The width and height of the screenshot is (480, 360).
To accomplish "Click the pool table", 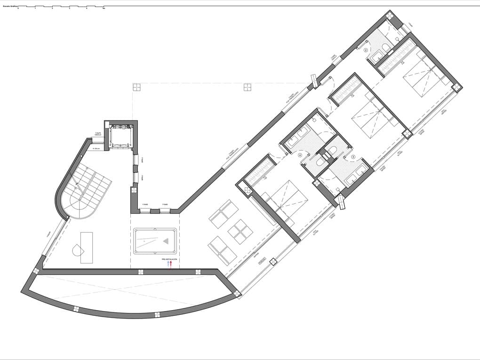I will pyautogui.click(x=155, y=240).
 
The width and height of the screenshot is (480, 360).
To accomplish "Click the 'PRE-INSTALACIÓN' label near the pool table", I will pyautogui.click(x=169, y=259).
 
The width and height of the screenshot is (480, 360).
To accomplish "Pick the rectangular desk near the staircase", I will pyautogui.click(x=87, y=248).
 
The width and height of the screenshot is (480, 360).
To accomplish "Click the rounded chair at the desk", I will pyautogui.click(x=77, y=249).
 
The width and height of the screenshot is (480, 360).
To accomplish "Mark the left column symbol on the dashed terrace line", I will pyautogui.click(x=136, y=87).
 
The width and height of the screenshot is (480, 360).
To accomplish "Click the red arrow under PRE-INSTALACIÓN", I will pyautogui.click(x=171, y=264).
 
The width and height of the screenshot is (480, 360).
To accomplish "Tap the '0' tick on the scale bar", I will pyautogui.click(x=18, y=9).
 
